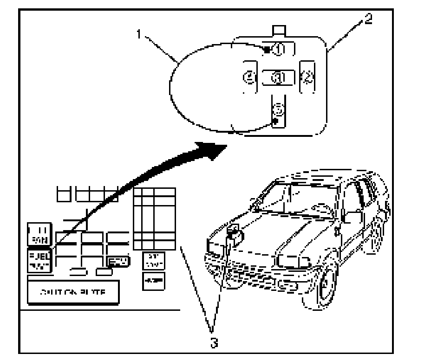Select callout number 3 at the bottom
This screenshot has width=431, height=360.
(212, 343)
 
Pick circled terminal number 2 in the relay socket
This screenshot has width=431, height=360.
(307, 77)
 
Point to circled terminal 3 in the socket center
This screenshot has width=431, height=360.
(278, 77)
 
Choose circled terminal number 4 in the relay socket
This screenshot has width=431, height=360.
(250, 77)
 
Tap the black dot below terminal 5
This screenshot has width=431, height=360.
(275, 121)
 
